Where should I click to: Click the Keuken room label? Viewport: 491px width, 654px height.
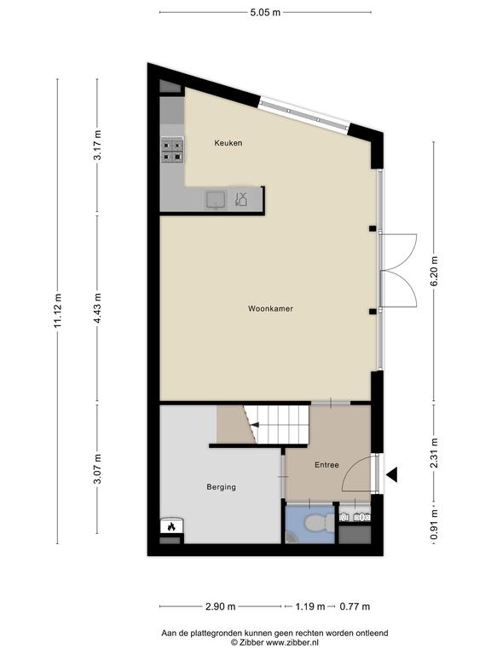click(x=228, y=143)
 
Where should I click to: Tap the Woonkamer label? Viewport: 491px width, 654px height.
click(x=270, y=308)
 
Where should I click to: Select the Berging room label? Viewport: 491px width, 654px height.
click(x=221, y=487)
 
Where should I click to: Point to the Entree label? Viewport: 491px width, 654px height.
click(x=326, y=465)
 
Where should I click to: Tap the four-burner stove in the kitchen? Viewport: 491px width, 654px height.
click(x=172, y=150)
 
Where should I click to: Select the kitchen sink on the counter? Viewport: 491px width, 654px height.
click(x=216, y=199)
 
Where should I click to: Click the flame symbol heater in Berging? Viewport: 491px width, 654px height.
click(x=171, y=526)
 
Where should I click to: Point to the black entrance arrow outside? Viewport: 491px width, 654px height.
click(x=391, y=474)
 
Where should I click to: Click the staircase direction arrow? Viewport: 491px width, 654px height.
click(x=254, y=425)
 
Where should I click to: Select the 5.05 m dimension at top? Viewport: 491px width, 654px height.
click(x=265, y=12)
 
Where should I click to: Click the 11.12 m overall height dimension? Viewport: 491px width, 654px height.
click(x=57, y=311)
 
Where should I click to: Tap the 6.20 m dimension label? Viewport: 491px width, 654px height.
click(x=434, y=271)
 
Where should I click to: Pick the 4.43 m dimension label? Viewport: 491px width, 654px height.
click(x=97, y=308)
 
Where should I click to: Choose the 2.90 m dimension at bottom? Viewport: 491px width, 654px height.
click(x=221, y=606)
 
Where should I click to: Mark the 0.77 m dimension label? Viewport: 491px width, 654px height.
click(x=355, y=606)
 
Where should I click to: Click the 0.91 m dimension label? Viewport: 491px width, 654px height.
click(x=434, y=524)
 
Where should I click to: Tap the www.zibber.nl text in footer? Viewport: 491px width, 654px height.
click(x=292, y=643)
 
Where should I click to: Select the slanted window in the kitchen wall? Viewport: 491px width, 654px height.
click(x=303, y=115)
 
